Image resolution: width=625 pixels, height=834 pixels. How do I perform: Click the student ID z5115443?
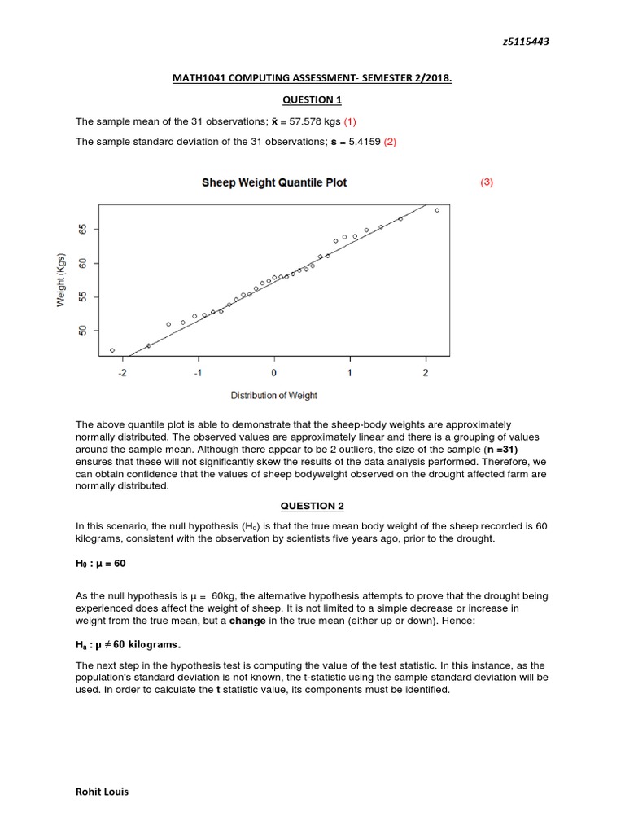[523, 42]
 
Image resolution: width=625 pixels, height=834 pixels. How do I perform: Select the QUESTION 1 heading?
[312, 99]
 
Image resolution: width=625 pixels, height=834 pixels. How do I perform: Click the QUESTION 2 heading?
[312, 506]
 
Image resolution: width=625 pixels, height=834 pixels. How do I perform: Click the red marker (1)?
[349, 121]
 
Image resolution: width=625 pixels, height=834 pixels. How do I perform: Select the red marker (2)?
[390, 142]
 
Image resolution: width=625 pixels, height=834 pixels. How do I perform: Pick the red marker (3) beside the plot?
[487, 182]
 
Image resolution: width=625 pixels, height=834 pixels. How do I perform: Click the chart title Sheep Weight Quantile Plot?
[274, 182]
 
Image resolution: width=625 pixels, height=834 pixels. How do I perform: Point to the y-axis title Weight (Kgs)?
[61, 279]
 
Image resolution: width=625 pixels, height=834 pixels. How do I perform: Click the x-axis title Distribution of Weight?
[274, 396]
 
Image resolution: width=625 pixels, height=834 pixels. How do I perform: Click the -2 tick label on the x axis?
[122, 373]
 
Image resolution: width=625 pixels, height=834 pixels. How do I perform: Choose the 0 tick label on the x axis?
[273, 373]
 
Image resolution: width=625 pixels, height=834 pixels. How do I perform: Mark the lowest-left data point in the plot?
[112, 350]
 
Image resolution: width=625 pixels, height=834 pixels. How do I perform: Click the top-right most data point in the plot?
[437, 210]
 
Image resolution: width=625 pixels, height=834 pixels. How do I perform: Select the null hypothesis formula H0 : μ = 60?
[101, 564]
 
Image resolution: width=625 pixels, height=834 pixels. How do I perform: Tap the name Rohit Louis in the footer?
[102, 791]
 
